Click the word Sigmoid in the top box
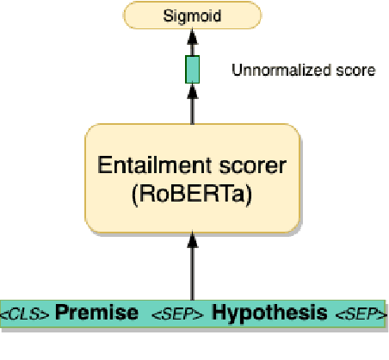click(192, 15)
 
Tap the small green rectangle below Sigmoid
click(192, 69)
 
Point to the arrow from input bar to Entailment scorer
click(192, 271)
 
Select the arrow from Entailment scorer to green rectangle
click(192, 108)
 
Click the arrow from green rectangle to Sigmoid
click(192, 45)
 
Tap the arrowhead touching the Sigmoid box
click(192, 32)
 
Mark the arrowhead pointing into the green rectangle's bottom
click(192, 90)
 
